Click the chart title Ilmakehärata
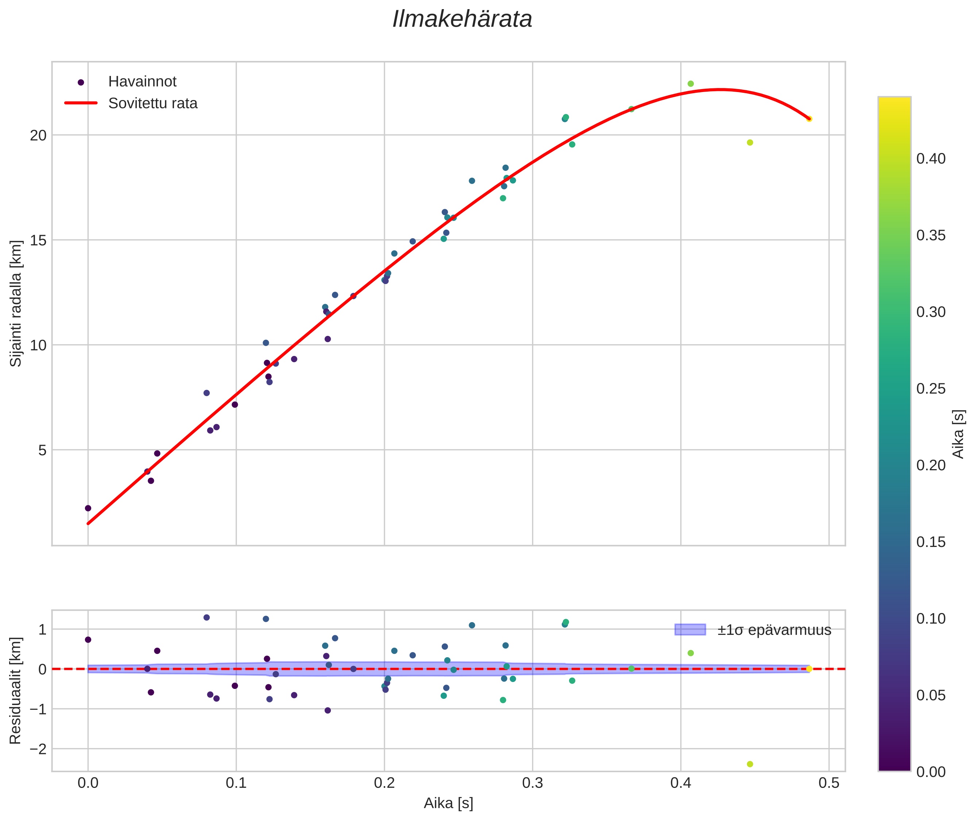click(462, 19)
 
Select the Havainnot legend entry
click(142, 82)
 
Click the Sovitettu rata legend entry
click(152, 103)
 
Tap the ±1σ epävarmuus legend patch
click(690, 630)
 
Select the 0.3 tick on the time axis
click(532, 783)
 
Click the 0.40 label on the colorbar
click(931, 159)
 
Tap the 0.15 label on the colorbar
click(931, 542)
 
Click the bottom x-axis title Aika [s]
click(448, 803)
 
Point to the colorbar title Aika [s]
click(958, 434)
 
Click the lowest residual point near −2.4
click(750, 764)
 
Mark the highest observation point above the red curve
click(690, 84)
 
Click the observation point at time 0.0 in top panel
click(88, 508)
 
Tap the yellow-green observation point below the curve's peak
click(750, 143)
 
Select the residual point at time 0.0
click(88, 640)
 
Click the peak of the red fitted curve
click(720, 89)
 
